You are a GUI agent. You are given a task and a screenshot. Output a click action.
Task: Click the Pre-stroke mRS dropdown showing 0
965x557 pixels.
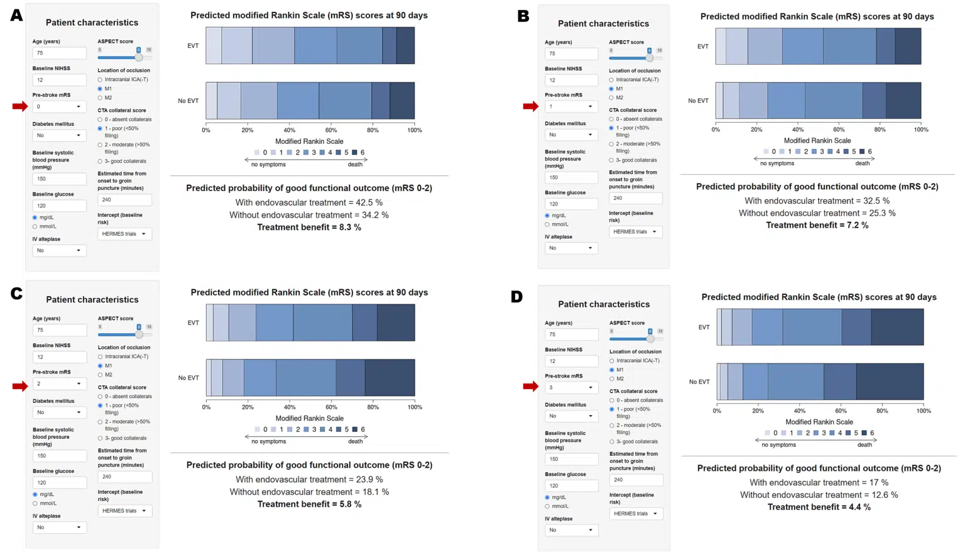[x=59, y=106]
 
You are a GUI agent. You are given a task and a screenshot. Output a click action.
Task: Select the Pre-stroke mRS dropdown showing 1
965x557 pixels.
[x=571, y=106]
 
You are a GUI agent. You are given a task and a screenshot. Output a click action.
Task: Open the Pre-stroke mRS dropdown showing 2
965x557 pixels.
[x=59, y=383]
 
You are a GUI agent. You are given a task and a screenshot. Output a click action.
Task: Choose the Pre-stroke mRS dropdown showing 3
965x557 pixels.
[x=572, y=387]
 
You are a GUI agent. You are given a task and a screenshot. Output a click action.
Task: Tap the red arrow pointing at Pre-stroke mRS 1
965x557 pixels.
[x=531, y=106]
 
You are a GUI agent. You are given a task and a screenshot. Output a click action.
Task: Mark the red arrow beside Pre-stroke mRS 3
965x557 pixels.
[x=531, y=386]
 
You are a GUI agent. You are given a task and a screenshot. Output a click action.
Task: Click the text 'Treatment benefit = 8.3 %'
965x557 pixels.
[x=309, y=228]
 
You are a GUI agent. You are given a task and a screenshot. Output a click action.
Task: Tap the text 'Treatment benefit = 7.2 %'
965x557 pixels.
[x=817, y=225]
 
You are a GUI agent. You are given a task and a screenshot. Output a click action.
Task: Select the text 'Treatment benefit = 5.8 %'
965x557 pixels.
[x=309, y=504]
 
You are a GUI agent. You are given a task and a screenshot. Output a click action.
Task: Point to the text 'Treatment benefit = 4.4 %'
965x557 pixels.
[x=819, y=507]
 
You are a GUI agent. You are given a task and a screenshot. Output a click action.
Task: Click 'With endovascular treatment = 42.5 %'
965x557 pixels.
[x=309, y=202]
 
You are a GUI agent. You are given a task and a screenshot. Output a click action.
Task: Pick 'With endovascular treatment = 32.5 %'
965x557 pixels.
[x=817, y=201]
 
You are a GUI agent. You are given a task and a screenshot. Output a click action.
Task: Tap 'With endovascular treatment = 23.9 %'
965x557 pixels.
[x=309, y=479]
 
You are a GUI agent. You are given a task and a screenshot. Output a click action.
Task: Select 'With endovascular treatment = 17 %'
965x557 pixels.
[x=819, y=482]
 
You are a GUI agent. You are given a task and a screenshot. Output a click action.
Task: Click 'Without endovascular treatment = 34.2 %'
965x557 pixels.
[x=309, y=215]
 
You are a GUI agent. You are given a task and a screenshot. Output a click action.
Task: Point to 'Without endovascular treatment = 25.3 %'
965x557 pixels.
[x=817, y=213]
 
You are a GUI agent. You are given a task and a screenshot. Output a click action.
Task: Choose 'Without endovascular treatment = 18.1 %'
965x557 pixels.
[x=309, y=492]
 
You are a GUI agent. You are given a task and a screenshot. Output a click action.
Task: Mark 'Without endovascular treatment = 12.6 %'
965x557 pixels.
[x=819, y=495]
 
